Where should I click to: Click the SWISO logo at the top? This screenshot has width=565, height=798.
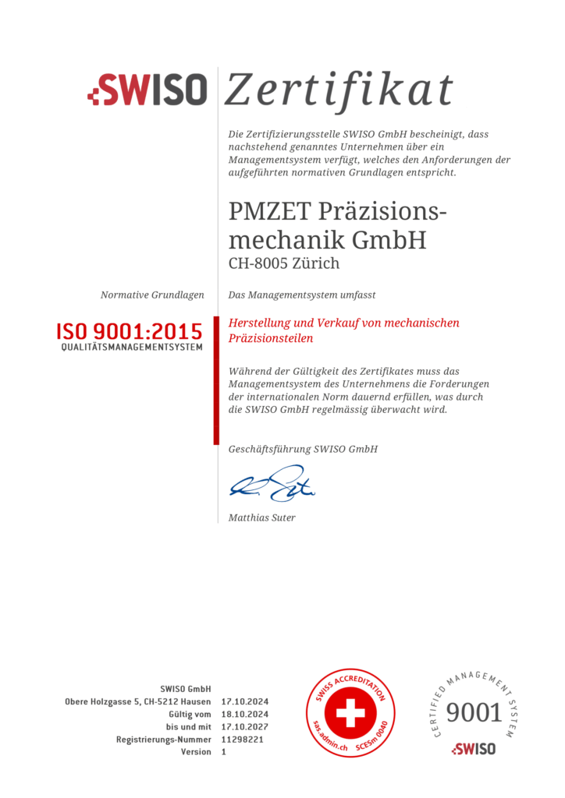(147, 90)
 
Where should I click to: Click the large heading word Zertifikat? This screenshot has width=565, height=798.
(339, 90)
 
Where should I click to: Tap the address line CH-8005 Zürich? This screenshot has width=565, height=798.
(284, 263)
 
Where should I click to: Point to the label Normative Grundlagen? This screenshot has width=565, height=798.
(152, 295)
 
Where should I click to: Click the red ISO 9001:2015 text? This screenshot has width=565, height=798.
(129, 330)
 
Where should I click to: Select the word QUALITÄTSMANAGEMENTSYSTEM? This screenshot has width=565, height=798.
(132, 347)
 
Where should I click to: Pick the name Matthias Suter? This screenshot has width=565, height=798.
(262, 517)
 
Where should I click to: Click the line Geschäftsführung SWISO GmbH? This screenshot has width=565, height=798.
(303, 450)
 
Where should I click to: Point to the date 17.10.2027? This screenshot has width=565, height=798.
(245, 727)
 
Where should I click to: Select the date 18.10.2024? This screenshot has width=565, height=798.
(245, 715)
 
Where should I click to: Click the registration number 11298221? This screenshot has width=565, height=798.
(242, 740)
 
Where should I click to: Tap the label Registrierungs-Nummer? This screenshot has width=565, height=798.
(164, 740)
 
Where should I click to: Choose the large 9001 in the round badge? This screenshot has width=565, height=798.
(474, 712)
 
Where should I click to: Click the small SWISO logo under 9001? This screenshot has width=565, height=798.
(473, 749)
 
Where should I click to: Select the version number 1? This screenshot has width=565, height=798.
(224, 752)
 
